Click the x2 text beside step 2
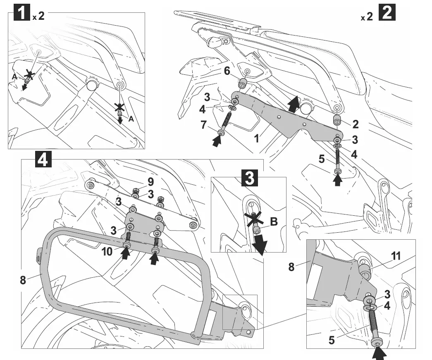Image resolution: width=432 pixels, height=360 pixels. [366, 17]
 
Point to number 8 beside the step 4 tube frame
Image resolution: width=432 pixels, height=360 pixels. [24, 280]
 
